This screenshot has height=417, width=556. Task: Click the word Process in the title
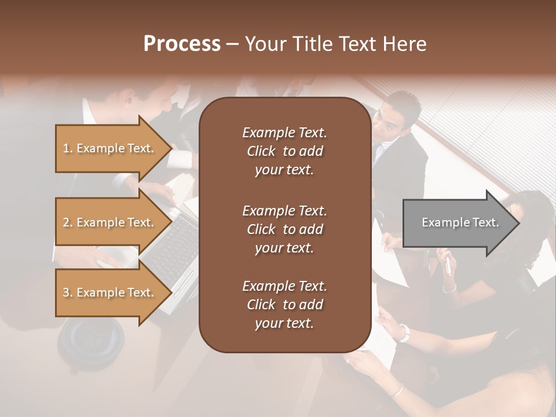(x=182, y=44)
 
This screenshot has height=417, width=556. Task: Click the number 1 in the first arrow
(x=65, y=148)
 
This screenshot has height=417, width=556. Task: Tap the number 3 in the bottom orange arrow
(x=66, y=292)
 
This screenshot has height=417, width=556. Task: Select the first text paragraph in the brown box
(x=284, y=151)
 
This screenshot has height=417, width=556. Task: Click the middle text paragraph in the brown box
(x=284, y=229)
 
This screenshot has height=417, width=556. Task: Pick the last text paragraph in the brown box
(x=284, y=305)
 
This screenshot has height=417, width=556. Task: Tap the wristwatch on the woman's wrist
(x=404, y=332)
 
